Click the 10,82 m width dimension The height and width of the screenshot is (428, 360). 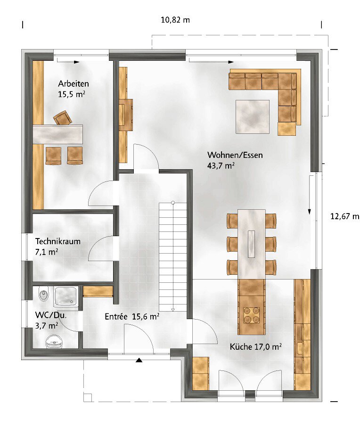tap(175, 20)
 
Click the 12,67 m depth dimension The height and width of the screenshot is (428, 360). tap(344, 216)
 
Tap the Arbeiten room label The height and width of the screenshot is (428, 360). tap(74, 83)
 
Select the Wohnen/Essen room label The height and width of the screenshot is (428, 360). tap(235, 155)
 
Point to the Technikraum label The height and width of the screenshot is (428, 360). tap(57, 241)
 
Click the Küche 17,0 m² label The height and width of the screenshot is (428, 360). tap(255, 346)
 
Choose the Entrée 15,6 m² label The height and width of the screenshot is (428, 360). tap(132, 317)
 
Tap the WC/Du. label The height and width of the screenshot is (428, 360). tap(51, 315)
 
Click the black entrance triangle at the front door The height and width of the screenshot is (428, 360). tap(139, 360)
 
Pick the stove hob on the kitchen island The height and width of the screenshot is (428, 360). tap(251, 315)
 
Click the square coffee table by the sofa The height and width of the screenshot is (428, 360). tap(253, 117)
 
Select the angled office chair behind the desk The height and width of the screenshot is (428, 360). tap(63, 118)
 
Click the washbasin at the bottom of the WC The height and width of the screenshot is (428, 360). tap(54, 341)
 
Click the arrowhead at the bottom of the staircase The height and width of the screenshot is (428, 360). tap(173, 310)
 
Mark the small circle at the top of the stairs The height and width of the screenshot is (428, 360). tap(173, 203)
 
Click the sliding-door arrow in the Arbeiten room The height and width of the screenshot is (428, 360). tap(68, 62)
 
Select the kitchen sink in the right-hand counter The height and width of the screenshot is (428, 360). tap(300, 348)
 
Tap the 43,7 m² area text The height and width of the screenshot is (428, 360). tap(221, 165)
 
